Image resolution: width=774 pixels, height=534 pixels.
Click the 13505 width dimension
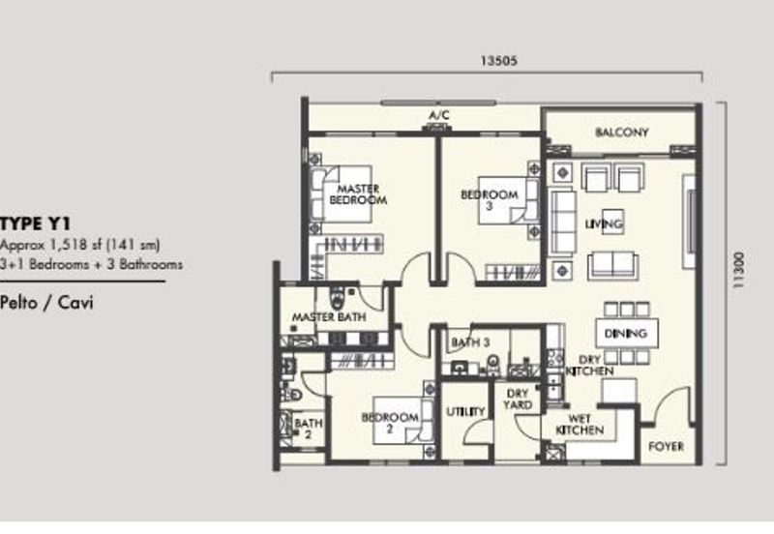click(499, 60)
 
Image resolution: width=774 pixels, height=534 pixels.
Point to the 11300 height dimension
click(738, 270)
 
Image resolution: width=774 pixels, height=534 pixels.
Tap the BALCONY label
click(621, 133)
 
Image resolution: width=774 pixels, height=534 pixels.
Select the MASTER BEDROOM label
click(358, 194)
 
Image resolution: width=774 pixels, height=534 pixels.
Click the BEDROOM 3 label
click(490, 200)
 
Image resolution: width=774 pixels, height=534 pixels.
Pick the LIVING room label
click(604, 224)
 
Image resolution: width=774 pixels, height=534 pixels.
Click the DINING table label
click(625, 334)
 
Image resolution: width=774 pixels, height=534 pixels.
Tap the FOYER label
click(666, 447)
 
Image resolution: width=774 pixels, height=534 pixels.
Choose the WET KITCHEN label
click(580, 425)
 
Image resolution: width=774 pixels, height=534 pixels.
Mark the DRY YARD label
click(518, 400)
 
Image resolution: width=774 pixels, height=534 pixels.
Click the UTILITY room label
click(465, 411)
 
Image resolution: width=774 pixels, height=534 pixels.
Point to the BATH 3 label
click(470, 342)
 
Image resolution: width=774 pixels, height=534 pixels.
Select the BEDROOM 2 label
click(390, 423)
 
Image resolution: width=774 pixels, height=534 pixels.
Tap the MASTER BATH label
click(329, 317)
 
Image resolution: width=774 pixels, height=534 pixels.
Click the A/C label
click(439, 115)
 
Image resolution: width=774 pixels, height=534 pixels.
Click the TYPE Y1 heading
click(36, 224)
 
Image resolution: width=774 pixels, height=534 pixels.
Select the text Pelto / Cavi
click(46, 302)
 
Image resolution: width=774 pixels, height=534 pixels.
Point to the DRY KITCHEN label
click(590, 366)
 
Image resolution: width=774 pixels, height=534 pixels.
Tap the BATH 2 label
click(309, 429)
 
